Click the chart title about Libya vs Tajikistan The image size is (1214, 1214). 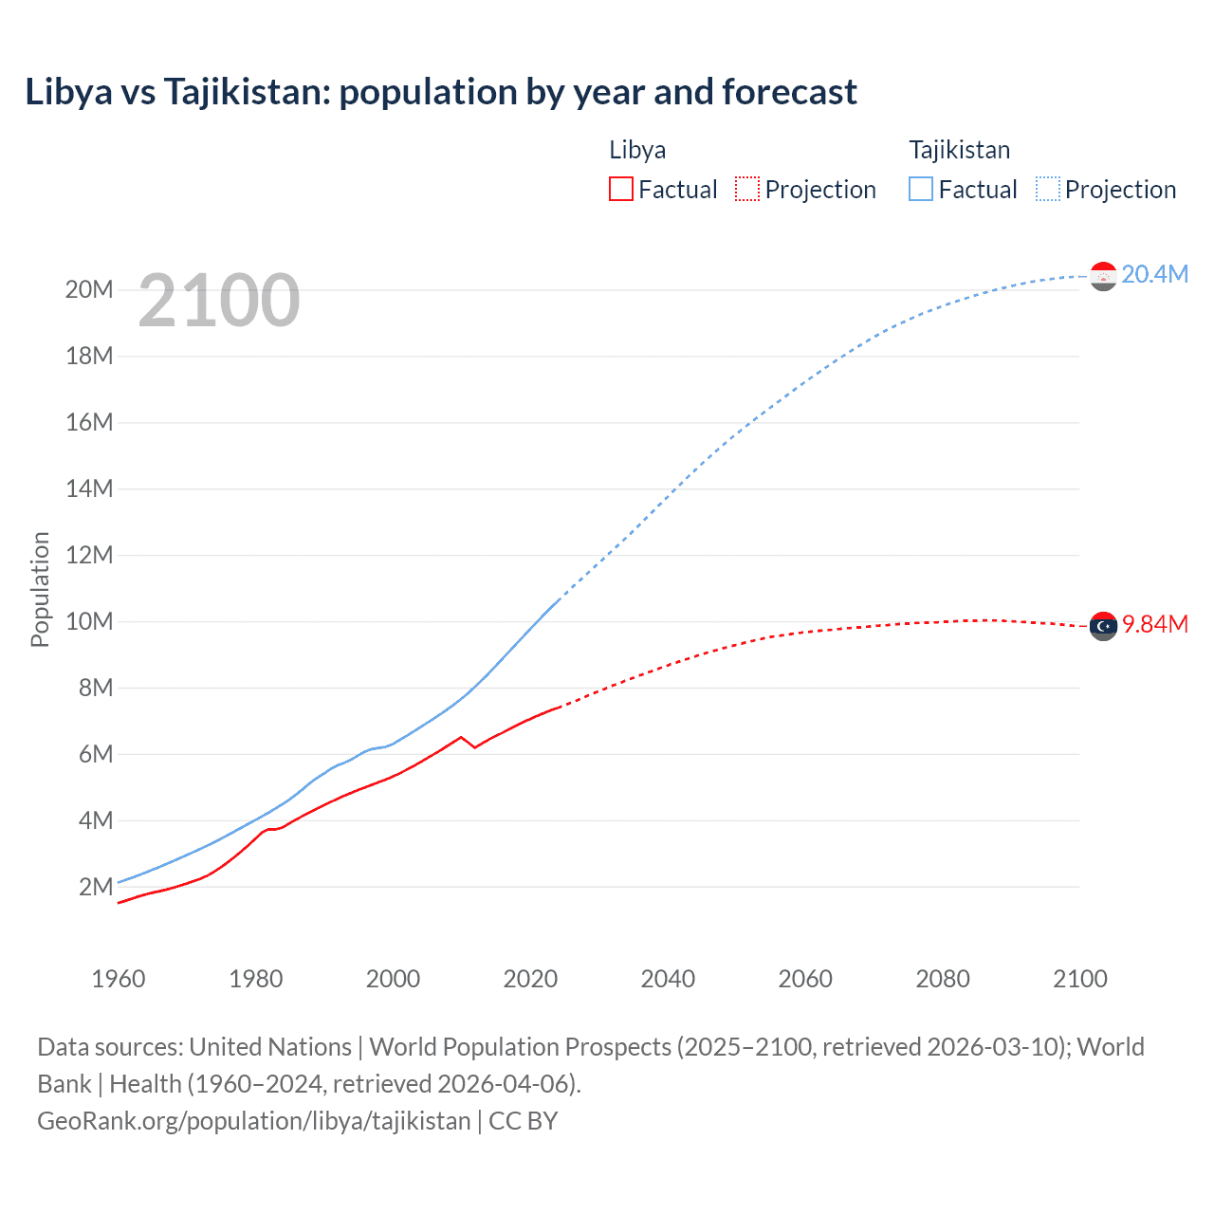[441, 92]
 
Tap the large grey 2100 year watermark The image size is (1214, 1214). [219, 301]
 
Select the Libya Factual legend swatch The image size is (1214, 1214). [620, 189]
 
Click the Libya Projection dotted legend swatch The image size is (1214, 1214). [747, 189]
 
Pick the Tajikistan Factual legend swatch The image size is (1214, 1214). [921, 189]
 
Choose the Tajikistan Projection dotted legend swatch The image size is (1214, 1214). [1048, 189]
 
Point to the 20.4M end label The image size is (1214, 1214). [1154, 274]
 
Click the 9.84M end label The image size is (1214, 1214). [1154, 624]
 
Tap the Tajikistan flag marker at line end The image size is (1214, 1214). [1103, 276]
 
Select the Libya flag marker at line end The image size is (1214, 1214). [1103, 626]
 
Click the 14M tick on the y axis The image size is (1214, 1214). [89, 488]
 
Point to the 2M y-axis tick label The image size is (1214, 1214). [96, 887]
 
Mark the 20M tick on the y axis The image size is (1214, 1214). [89, 289]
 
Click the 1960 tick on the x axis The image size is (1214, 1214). [119, 979]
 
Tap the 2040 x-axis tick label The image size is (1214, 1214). [668, 979]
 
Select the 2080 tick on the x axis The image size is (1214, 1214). [943, 979]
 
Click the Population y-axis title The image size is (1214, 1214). [40, 589]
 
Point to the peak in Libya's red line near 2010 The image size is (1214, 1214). [461, 737]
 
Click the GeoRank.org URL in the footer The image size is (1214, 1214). [254, 1120]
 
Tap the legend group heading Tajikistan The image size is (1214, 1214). [959, 150]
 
